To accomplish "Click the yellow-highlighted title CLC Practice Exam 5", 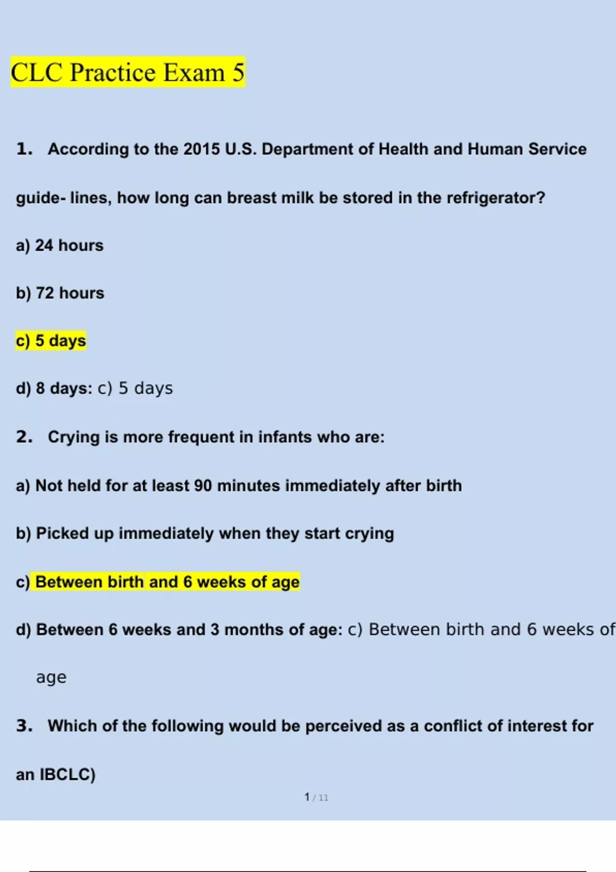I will coord(127,72).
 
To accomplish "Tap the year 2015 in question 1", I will coord(201,149).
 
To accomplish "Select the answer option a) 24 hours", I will coord(60,246).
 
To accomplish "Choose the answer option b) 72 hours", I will coord(60,293).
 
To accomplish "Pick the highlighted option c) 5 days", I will coord(51,341).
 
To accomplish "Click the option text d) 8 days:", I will coord(54,389).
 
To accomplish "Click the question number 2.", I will coord(24,437).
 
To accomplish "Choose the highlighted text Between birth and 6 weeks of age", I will coord(167,582).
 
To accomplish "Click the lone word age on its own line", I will coord(51,678).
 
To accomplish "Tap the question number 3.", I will coord(24,726).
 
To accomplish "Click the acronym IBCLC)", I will coord(68,774).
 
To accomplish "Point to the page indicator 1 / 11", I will coord(316,798).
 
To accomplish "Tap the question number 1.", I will coord(24,149).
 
